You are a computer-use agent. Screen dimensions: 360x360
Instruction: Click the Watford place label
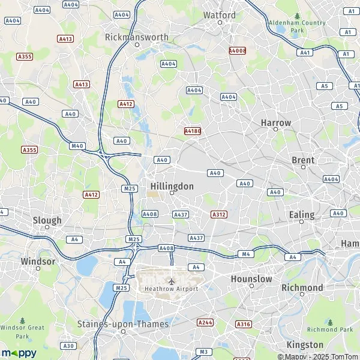coord(220,14)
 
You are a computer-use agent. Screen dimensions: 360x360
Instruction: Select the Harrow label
coord(275,122)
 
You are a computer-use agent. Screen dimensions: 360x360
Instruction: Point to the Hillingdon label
coord(172,186)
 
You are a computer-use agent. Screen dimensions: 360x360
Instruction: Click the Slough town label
coord(47,220)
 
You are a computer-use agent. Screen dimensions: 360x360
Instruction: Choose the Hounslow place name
coord(251,279)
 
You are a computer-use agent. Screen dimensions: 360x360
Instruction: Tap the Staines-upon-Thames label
coord(123,324)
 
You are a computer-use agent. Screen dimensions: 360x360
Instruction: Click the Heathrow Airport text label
coord(171,289)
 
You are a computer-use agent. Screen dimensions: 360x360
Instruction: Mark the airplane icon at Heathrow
coord(172,280)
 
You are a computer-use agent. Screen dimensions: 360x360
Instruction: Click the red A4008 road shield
coord(238,51)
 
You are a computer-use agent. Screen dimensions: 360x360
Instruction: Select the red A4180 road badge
coord(192,130)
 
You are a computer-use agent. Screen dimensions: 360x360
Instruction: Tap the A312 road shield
coord(219,214)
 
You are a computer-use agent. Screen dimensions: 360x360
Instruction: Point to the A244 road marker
coord(205,323)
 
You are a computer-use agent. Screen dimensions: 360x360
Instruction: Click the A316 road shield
coord(243,324)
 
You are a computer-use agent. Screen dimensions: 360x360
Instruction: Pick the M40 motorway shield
coord(77,146)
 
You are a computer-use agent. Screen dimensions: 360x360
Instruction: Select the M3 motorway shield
coord(204,352)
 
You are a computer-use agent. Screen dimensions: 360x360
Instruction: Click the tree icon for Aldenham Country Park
coord(297,16)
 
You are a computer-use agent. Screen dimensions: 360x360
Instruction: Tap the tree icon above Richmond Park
coord(330,322)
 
